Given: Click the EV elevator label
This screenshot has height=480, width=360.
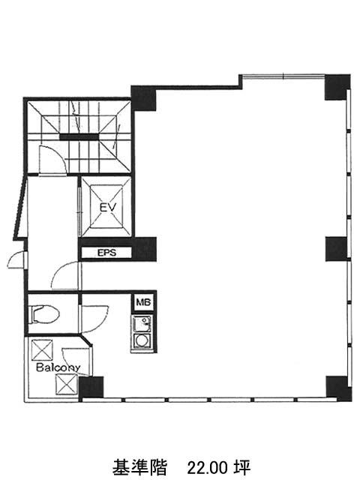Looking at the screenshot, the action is coord(108,207).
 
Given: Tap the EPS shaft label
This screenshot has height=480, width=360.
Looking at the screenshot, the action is coord(106,253).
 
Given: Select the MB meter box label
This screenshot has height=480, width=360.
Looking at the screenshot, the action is coord(143,302).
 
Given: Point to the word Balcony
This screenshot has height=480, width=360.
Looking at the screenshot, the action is coord(58,367).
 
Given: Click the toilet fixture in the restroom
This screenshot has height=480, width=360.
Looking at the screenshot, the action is coord(43,314).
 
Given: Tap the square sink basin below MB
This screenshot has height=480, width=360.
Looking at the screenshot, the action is coord(142,324).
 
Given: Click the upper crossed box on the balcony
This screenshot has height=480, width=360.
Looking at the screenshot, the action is coord(42,349).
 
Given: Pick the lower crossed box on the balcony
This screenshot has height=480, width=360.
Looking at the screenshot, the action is coord(66,384).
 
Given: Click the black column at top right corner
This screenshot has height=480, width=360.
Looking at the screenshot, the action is coord(337,87).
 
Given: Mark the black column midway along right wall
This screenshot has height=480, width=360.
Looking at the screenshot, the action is coord(337,249).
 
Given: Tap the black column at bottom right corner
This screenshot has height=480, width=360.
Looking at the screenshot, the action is coord(338,388).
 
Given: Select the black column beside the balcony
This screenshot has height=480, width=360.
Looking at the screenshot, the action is coord(91,388).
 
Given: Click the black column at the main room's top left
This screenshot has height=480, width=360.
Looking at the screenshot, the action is coord(143,98).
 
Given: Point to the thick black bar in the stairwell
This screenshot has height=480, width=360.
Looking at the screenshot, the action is coord(79,137).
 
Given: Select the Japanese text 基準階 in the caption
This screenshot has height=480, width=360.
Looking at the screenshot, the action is coord(139,467).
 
